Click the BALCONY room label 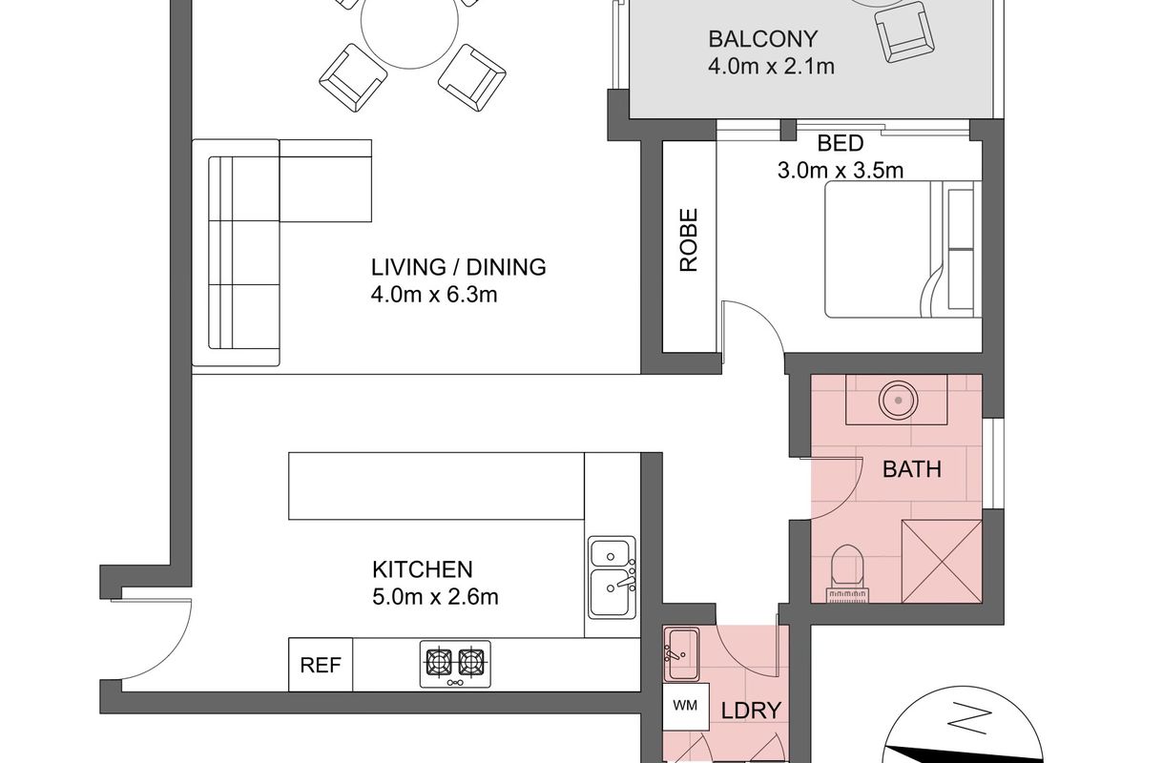click(x=762, y=39)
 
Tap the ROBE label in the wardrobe click(x=689, y=239)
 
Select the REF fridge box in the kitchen click(x=321, y=665)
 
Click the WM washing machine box click(x=686, y=707)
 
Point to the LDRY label click(x=751, y=711)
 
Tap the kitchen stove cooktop click(x=455, y=664)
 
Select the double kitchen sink click(x=613, y=577)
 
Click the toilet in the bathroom click(x=847, y=573)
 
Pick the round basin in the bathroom click(x=898, y=400)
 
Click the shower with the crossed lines click(x=942, y=562)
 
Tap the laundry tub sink click(x=682, y=654)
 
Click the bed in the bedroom click(x=903, y=249)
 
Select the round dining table click(x=409, y=21)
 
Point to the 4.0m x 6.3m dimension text click(x=433, y=295)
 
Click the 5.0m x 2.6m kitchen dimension click(x=435, y=597)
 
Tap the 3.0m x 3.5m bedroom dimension click(x=841, y=171)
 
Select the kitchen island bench click(x=437, y=485)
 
